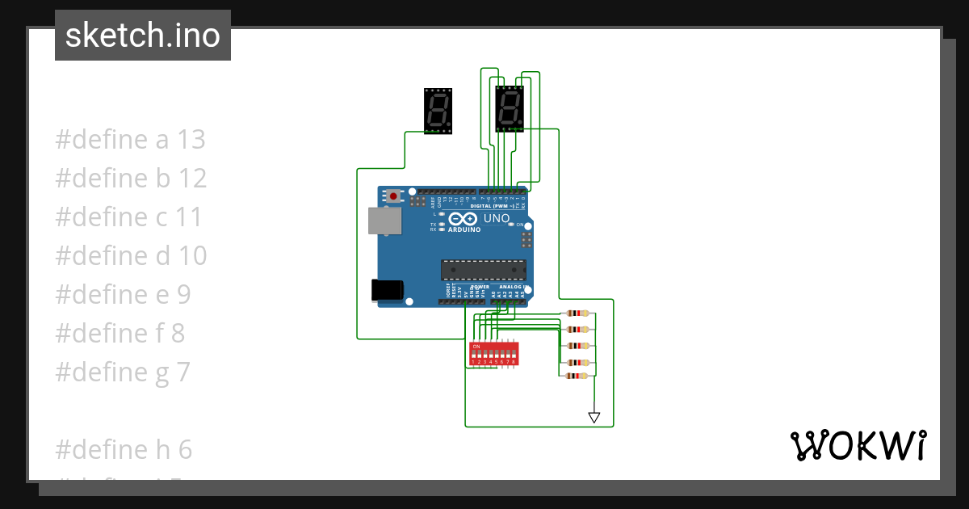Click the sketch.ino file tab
pos(143,36)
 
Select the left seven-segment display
pos(438,111)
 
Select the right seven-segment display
pos(510,108)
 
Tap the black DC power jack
pos(386,290)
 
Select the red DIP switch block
pos(493,353)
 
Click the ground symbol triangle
pos(594,418)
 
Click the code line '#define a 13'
pos(130,140)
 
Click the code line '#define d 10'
pos(131,256)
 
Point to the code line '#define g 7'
pos(123,372)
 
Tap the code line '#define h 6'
pos(124,449)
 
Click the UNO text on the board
pos(497,218)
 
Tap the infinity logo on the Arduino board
pos(464,219)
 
